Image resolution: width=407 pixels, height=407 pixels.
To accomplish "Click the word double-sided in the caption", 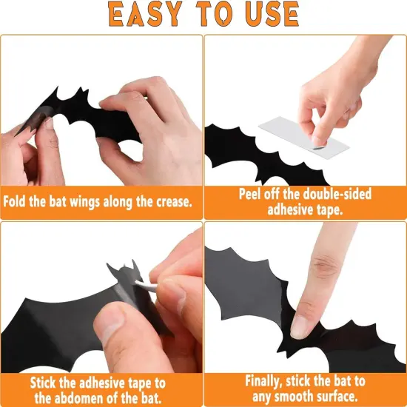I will pyautogui.click(x=332, y=194).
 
